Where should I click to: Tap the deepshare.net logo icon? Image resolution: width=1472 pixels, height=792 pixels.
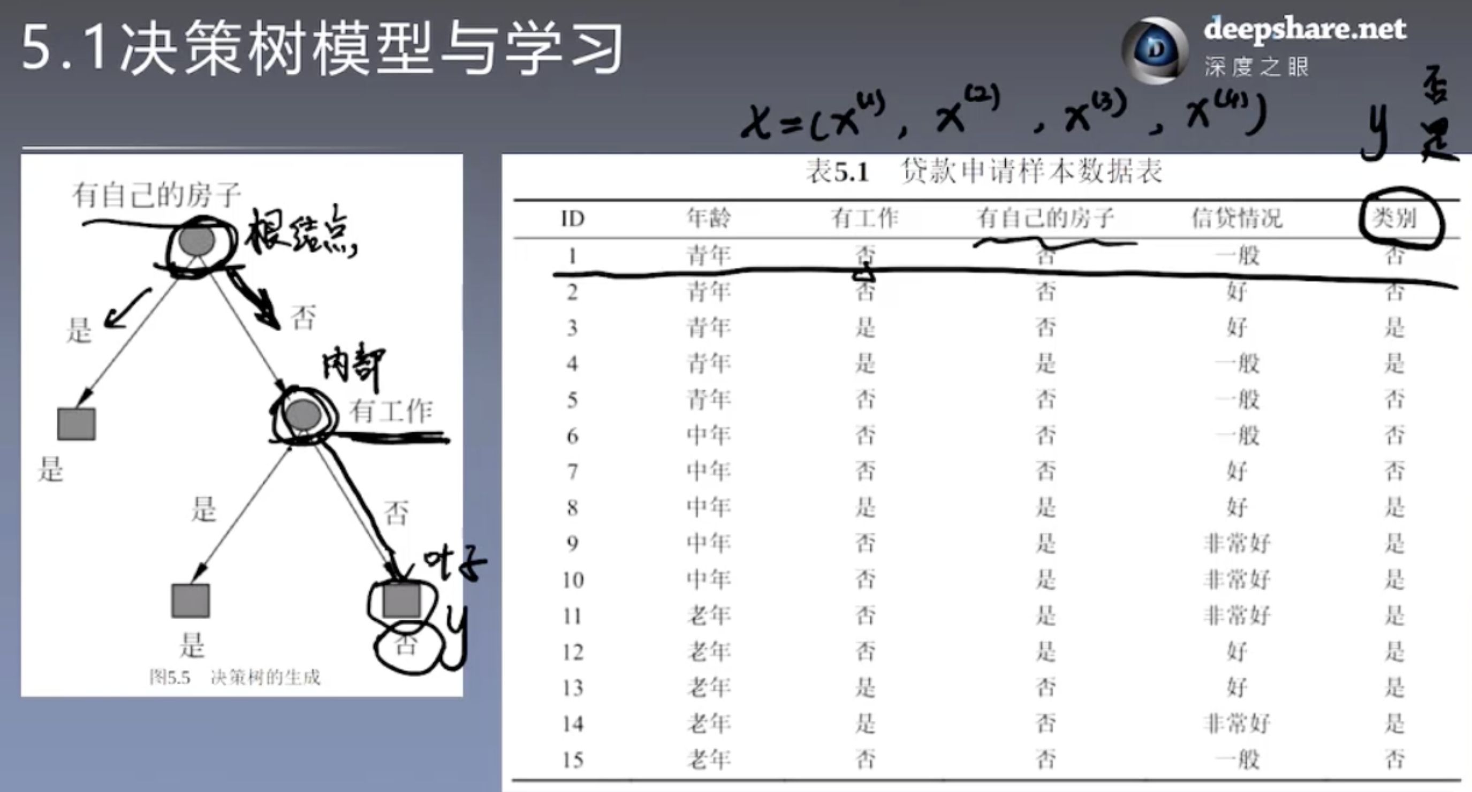coord(1154,49)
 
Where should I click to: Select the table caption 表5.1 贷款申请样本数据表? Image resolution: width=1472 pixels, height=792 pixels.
coord(983,171)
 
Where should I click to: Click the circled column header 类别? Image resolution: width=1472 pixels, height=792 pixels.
coord(1395,218)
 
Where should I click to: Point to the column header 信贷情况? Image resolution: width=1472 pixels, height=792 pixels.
coord(1236,218)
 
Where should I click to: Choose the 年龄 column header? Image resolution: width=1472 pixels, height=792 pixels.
coord(709,218)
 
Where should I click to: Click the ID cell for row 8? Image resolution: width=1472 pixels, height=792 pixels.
coord(572,507)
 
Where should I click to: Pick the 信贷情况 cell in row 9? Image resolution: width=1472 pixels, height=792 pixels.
coord(1236,543)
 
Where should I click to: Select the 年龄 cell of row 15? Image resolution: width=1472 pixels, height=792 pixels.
coord(709,759)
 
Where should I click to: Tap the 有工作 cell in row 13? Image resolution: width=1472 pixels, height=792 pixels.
coord(864,688)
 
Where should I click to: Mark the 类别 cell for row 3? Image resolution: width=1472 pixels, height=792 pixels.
coord(1394,328)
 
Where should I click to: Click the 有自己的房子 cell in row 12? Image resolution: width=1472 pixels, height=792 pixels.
coord(1045,651)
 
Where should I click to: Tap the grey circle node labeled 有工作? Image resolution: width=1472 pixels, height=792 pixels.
coord(303,415)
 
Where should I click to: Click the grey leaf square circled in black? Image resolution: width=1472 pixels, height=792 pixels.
coord(401,600)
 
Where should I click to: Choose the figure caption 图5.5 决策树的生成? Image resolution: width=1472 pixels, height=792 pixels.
coord(235,677)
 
